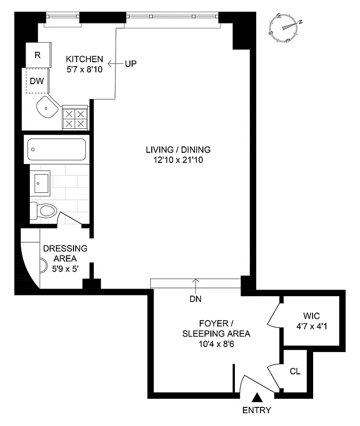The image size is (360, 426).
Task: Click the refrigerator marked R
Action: (38, 55)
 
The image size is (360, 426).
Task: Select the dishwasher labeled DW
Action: (38, 81)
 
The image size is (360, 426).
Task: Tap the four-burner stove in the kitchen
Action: (75, 118)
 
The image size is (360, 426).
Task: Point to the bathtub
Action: (56, 150)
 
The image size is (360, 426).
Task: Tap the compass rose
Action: (286, 28)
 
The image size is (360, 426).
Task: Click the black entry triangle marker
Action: (257, 397)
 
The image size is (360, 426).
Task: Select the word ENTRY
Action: (257, 410)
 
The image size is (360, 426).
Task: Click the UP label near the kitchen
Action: (131, 64)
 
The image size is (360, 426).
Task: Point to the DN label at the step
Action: (195, 299)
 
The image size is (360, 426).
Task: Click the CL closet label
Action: (294, 371)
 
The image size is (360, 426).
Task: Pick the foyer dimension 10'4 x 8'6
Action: (216, 343)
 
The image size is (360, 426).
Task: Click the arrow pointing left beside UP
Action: (113, 64)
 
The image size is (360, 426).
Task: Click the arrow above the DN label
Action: (195, 283)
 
